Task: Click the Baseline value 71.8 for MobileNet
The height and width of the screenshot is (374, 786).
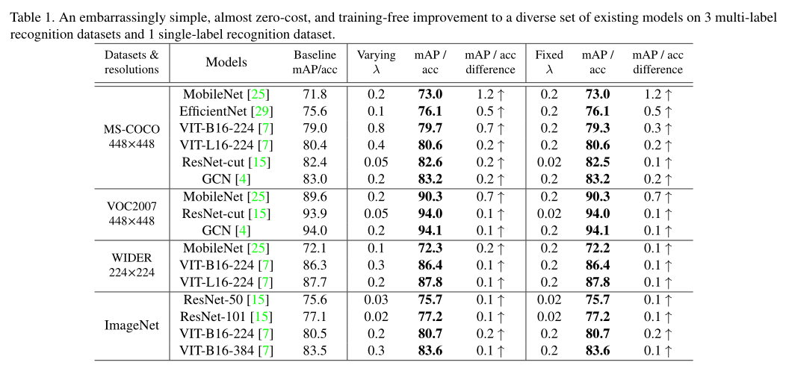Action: tap(315, 94)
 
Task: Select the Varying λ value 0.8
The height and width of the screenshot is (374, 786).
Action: tap(376, 128)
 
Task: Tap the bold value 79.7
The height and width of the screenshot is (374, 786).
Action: tap(429, 128)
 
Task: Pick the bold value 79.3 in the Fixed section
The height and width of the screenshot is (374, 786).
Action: tap(597, 128)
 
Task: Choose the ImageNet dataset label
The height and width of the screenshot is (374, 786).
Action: tap(131, 325)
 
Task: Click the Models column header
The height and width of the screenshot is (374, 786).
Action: tap(226, 63)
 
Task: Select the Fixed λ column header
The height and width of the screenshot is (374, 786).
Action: tap(549, 62)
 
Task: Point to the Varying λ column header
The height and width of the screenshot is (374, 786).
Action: tap(376, 62)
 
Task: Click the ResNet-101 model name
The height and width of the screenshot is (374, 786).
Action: tap(217, 317)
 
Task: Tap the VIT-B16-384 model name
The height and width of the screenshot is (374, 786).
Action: tap(217, 351)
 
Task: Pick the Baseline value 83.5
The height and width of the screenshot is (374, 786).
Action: tap(315, 351)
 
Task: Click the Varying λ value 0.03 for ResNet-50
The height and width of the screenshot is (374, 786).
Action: tap(376, 299)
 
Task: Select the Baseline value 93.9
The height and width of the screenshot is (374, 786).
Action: tap(315, 214)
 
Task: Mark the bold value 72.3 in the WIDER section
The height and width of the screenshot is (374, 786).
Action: tap(429, 248)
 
